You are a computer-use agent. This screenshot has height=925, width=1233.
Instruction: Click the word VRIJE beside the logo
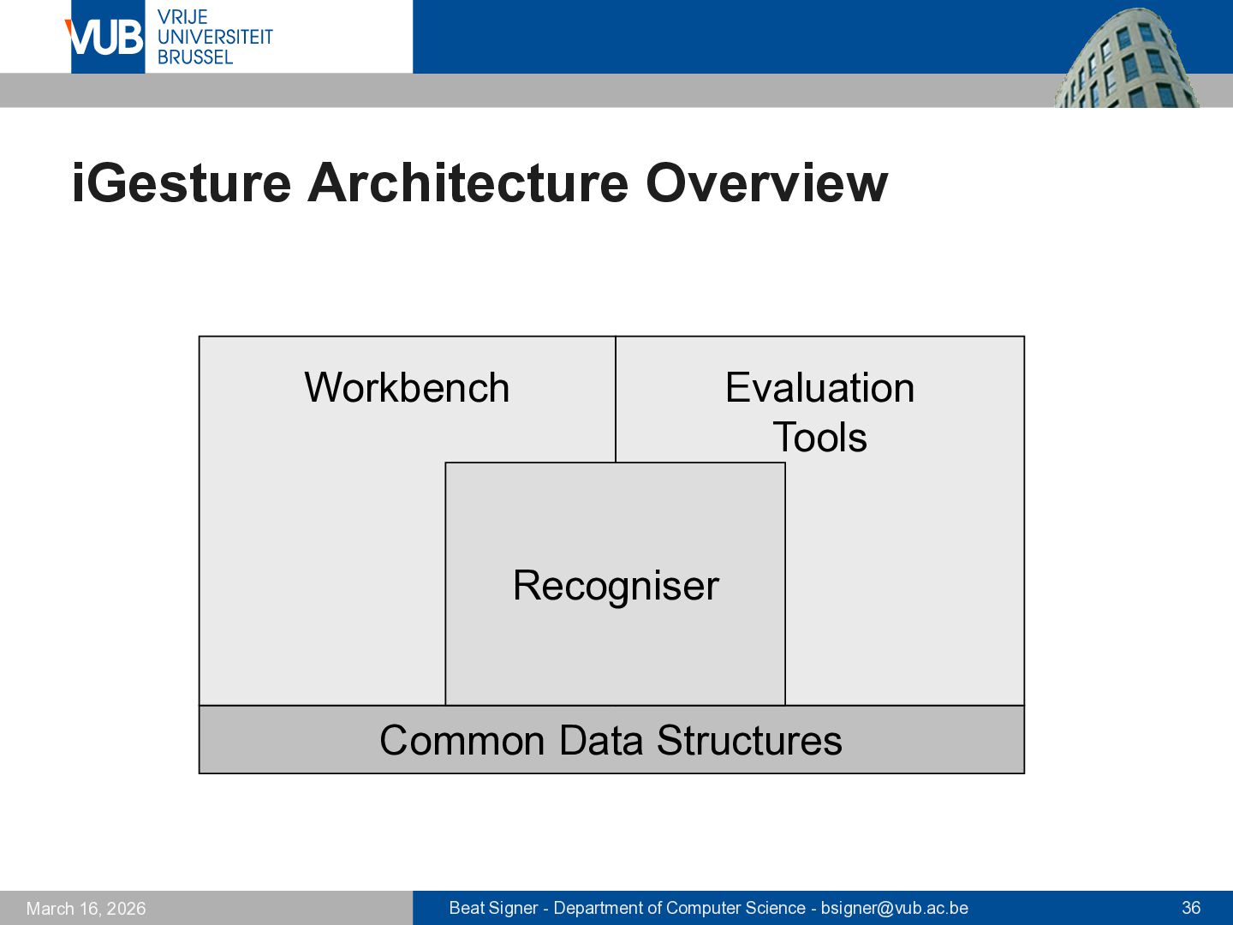[x=182, y=17]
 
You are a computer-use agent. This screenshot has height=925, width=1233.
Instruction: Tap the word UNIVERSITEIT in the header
[x=215, y=37]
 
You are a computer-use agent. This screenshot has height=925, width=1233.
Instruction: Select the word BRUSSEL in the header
[x=195, y=57]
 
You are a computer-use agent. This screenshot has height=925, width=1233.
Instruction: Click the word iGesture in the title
[x=182, y=183]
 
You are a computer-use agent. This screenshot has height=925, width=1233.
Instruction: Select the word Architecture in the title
[x=468, y=182]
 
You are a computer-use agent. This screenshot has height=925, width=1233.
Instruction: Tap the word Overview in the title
[x=766, y=182]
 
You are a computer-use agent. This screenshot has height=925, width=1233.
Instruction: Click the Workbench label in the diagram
[x=407, y=387]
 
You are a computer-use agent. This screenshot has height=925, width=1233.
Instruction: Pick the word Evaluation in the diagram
[x=819, y=387]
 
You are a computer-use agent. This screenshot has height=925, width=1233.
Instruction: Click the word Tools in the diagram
[x=819, y=437]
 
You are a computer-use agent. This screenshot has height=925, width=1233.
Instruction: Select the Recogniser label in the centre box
[x=616, y=586]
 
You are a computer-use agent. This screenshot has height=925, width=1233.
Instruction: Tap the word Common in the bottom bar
[x=462, y=740]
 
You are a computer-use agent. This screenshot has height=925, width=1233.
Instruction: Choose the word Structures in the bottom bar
[x=749, y=740]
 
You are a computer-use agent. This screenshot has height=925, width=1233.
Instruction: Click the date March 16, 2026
[x=86, y=909]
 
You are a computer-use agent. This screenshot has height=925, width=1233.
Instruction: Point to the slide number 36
[x=1191, y=908]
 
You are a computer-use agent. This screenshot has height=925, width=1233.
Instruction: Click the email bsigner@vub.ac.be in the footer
[x=894, y=908]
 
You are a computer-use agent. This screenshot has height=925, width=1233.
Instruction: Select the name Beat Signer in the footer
[x=493, y=908]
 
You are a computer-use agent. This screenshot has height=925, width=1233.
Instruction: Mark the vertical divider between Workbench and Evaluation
[x=616, y=399]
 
